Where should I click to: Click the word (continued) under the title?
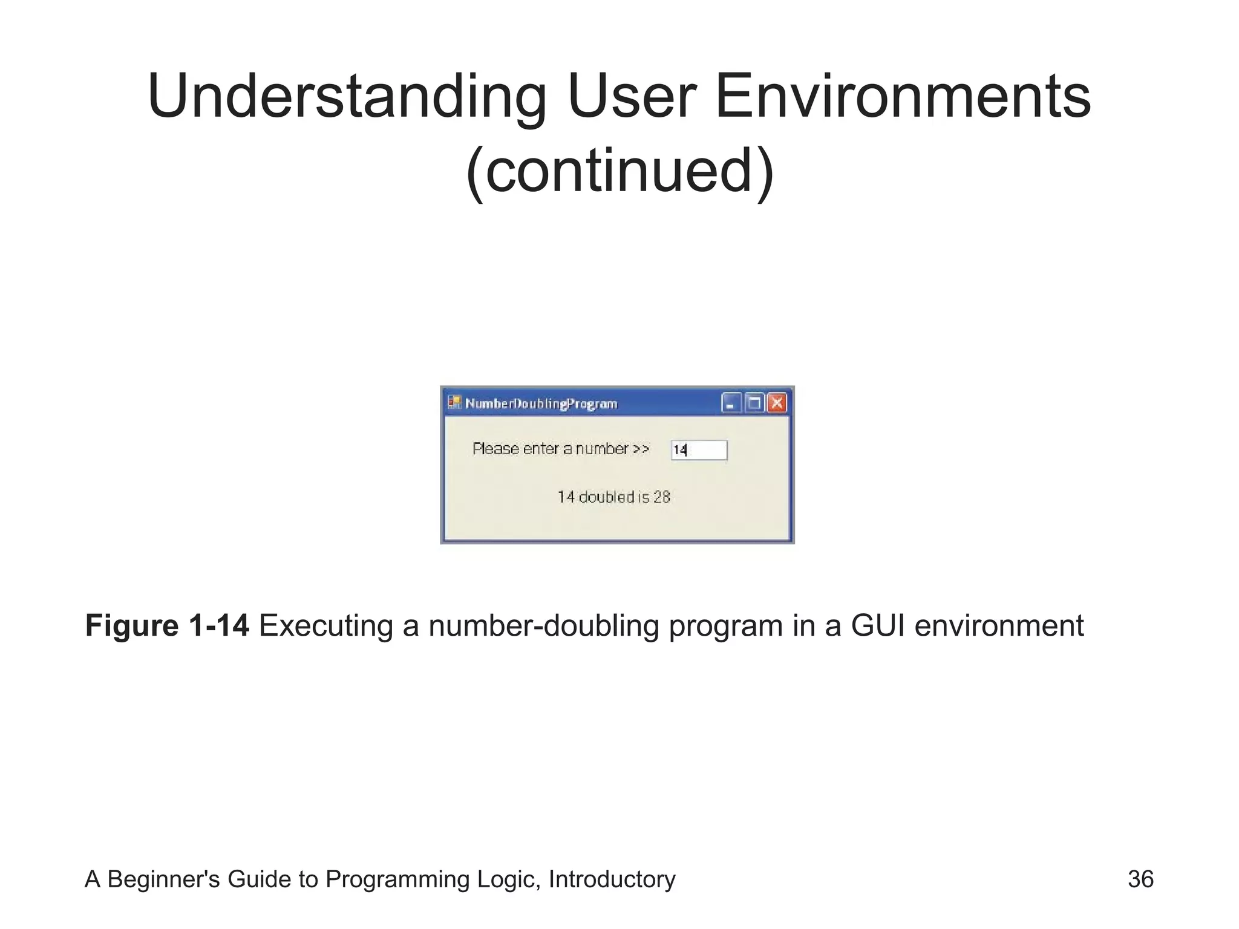(x=619, y=172)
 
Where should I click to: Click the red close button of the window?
(x=777, y=403)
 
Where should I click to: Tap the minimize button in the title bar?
(x=731, y=403)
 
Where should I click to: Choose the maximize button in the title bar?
(x=754, y=403)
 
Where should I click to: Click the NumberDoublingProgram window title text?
(x=541, y=404)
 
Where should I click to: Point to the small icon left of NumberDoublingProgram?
(x=454, y=402)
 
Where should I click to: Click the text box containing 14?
(x=699, y=450)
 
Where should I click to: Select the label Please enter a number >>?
(x=561, y=449)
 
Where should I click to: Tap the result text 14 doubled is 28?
(x=613, y=497)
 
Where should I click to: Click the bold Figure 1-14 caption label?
(x=167, y=625)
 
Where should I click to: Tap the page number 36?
(x=1140, y=879)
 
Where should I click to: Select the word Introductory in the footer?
(x=612, y=879)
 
